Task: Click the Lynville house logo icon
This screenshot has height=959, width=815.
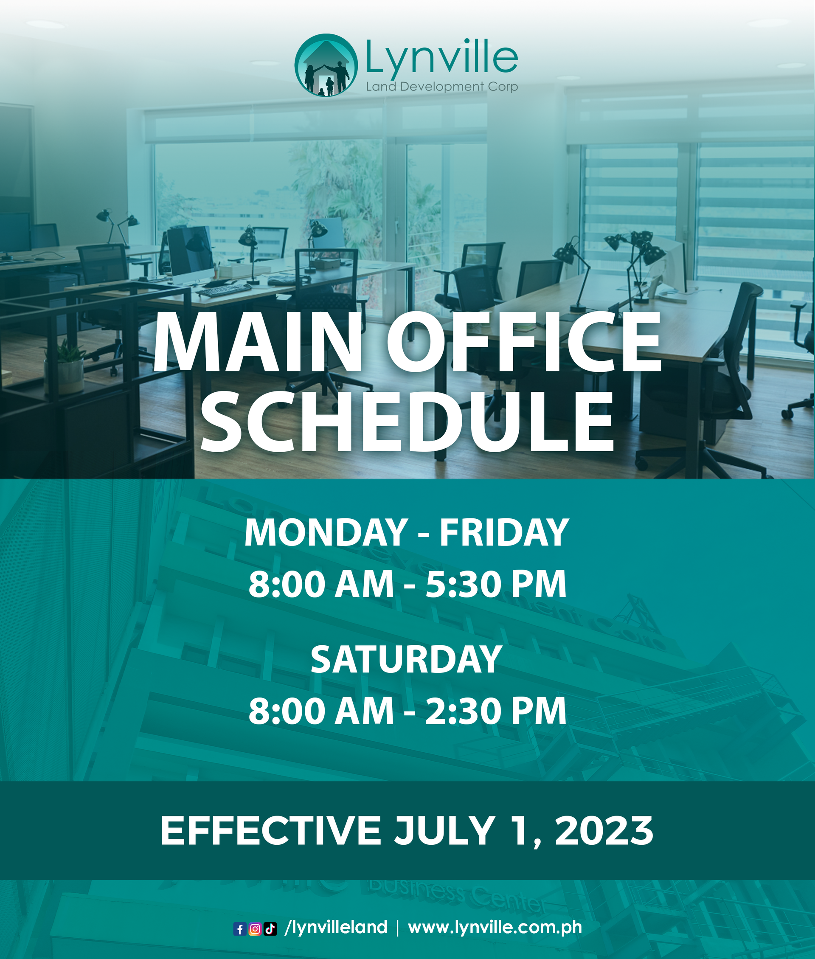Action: (x=326, y=65)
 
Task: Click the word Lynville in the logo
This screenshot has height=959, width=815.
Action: (x=442, y=57)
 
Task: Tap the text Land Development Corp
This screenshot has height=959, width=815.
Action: (x=442, y=86)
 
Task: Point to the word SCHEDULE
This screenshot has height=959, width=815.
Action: (x=407, y=421)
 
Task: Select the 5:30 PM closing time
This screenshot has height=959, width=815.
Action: (x=496, y=585)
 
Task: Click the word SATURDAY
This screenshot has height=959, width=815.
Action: (x=407, y=660)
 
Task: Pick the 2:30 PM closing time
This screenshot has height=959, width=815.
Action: (x=496, y=711)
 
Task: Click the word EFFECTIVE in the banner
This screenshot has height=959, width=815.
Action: (x=270, y=830)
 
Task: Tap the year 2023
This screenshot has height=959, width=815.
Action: (x=604, y=830)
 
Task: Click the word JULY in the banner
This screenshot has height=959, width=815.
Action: (x=444, y=830)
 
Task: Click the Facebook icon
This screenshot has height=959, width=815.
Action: (x=240, y=929)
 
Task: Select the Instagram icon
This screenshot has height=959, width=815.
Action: (x=255, y=929)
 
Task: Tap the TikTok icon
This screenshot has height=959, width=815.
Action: (x=270, y=929)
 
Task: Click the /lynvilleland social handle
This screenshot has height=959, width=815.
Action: (x=336, y=928)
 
